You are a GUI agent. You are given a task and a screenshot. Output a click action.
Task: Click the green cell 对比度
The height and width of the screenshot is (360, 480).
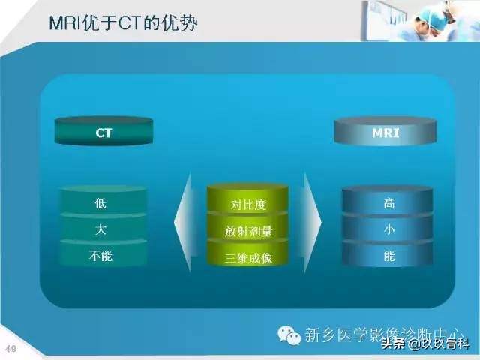click(247, 204)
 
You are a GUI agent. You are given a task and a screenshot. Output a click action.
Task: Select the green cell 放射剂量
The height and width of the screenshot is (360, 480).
click(247, 230)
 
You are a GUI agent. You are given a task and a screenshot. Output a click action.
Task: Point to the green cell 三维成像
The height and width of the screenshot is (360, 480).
click(247, 257)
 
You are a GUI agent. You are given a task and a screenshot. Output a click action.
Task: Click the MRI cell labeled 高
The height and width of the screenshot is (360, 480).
click(388, 203)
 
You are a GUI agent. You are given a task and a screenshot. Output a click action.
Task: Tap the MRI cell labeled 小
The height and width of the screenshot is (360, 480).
click(388, 229)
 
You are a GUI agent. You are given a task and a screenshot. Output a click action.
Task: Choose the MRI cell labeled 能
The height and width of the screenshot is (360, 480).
click(388, 256)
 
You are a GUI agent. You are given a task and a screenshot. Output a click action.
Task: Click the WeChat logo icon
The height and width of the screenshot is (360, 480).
click(288, 334)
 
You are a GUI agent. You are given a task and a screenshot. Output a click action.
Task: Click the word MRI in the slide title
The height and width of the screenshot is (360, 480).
click(65, 24)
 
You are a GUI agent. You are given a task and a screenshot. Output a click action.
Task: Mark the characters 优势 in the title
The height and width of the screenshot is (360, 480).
click(181, 24)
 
